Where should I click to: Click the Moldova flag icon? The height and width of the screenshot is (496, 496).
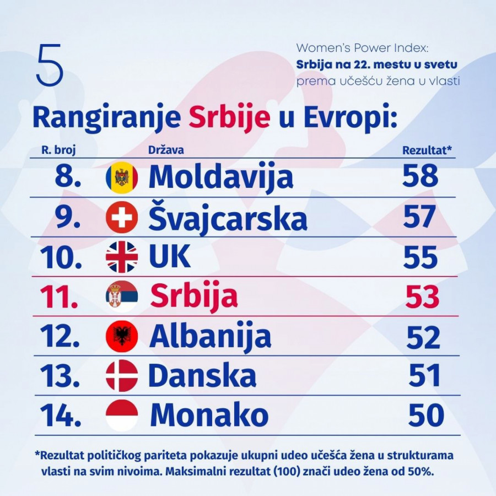click(121, 177)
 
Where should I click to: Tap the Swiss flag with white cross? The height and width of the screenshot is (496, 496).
click(121, 218)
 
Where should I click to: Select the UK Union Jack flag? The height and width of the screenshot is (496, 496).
click(121, 257)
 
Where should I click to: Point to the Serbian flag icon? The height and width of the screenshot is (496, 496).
click(121, 296)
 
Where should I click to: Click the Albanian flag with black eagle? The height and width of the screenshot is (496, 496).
click(121, 336)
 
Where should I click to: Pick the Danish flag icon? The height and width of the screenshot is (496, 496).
click(121, 376)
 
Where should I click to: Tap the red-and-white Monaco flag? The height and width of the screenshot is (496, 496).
click(121, 415)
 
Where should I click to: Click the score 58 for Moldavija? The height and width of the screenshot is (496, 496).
click(420, 176)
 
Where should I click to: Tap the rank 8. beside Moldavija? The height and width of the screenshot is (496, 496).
click(69, 176)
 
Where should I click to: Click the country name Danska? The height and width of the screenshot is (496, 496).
click(202, 376)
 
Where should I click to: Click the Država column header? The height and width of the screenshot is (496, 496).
click(166, 150)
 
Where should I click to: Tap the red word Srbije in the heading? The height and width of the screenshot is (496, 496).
click(229, 117)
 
